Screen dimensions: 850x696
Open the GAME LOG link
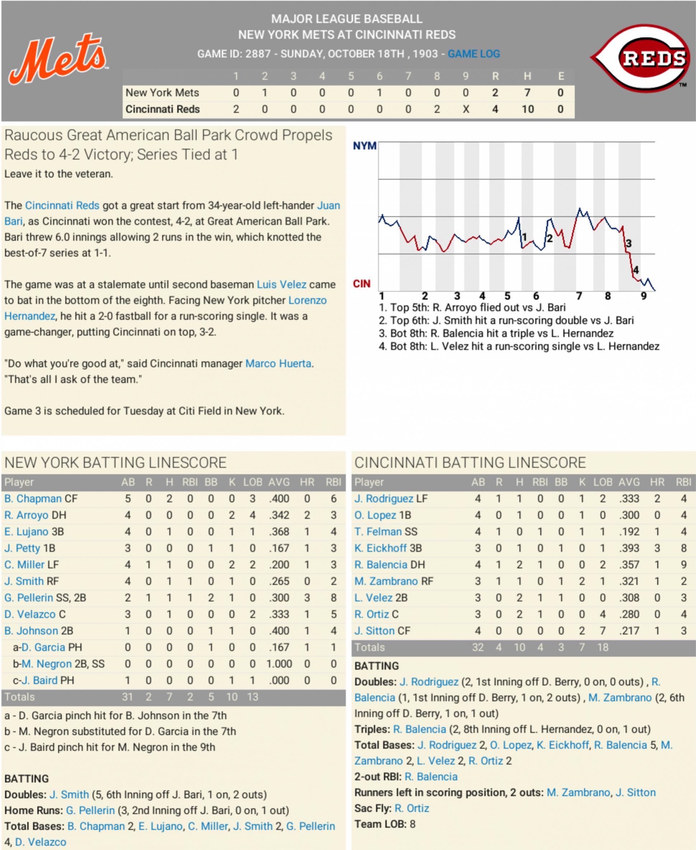(473, 54)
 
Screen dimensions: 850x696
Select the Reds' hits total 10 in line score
(527, 109)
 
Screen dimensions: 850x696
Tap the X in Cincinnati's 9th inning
(466, 109)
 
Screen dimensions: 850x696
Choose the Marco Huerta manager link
(278, 364)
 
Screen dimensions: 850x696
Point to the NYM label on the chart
(364, 146)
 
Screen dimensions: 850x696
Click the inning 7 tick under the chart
(579, 296)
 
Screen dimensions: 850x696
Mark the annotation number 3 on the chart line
(629, 244)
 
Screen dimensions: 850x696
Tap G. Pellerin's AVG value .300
(279, 598)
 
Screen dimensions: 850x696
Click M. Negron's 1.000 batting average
(279, 664)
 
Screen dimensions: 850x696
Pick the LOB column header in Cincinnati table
(603, 482)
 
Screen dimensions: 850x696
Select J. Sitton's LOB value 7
(603, 631)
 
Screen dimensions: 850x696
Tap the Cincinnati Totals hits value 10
(519, 647)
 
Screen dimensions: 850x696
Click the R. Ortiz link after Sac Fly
(412, 808)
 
